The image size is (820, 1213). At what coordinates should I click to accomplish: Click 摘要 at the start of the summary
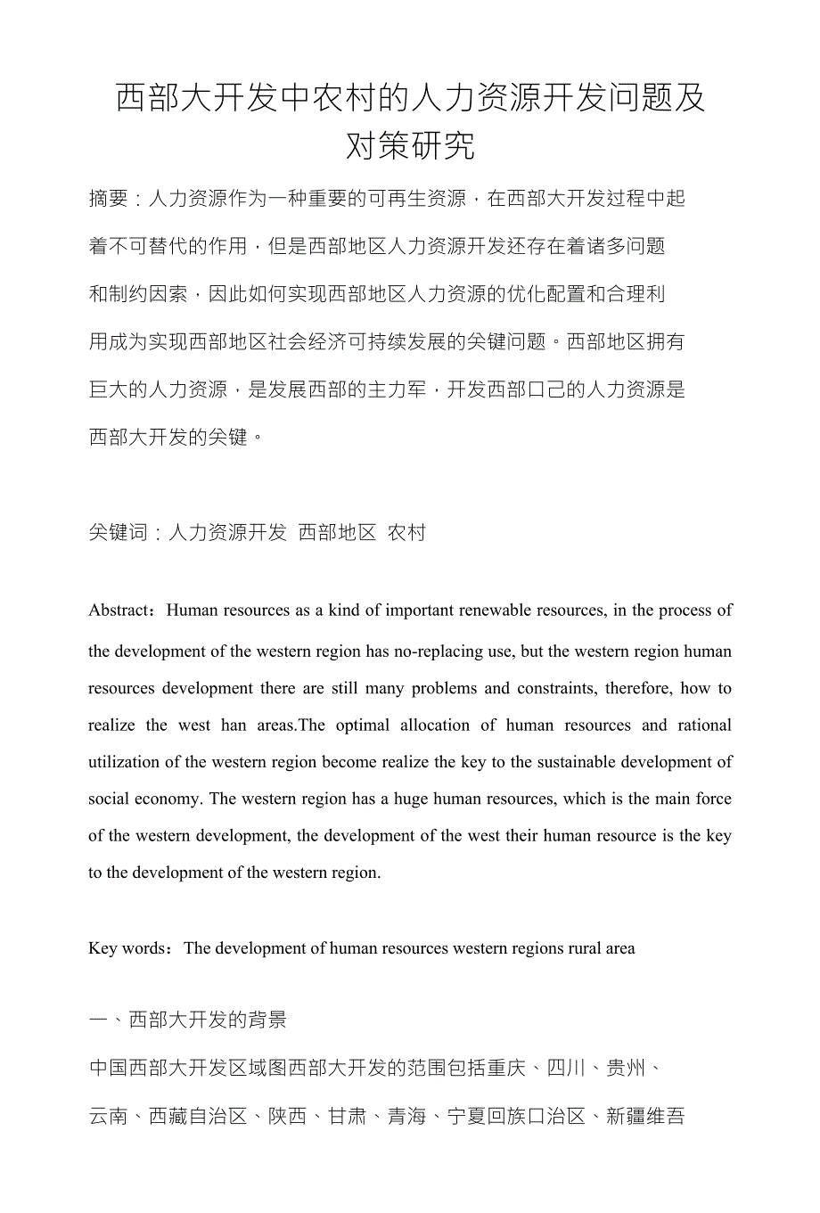(109, 198)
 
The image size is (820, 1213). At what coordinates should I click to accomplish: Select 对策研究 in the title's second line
(410, 145)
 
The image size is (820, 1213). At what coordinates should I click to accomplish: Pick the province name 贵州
(626, 1068)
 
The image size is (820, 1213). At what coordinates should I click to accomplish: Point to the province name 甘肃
(348, 1116)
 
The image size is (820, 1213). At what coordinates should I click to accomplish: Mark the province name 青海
(407, 1116)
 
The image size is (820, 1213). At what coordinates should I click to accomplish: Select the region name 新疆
(626, 1116)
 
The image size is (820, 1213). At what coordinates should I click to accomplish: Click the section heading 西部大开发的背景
(208, 1020)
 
